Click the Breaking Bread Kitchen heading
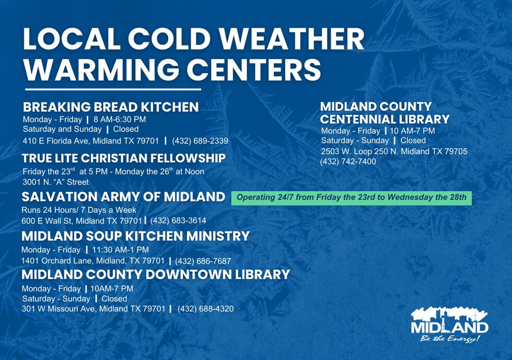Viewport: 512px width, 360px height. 111,107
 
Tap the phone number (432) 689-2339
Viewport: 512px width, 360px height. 200,141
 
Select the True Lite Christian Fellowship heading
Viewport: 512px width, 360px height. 124,158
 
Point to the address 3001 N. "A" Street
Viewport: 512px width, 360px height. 55,182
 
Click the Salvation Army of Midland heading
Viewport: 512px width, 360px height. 123,197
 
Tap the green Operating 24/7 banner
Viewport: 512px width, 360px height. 351,198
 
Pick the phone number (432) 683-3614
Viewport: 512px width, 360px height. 178,220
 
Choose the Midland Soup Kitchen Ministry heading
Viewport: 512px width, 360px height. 135,236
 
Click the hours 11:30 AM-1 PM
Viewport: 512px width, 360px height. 120,250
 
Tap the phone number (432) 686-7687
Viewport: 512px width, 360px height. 203,261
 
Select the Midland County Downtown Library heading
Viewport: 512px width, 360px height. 156,274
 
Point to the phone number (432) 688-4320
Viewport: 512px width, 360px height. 205,309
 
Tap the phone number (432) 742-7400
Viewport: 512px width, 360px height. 348,161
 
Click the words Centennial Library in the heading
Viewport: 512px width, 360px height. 385,119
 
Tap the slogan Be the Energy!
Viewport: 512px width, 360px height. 450,339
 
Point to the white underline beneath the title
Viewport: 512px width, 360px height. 113,89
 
